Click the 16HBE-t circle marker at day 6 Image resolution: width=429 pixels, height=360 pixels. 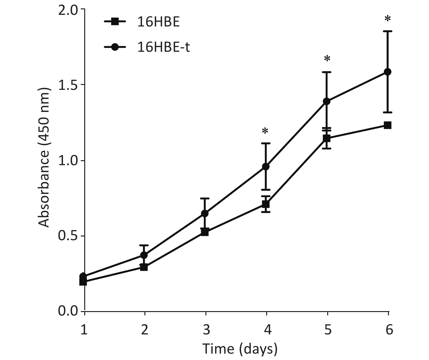pyautogui.click(x=388, y=72)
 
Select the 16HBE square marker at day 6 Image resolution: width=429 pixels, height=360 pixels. pyautogui.click(x=388, y=125)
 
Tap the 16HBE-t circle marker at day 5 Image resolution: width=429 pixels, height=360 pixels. pyautogui.click(x=327, y=101)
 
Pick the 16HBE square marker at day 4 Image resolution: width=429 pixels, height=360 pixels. pyautogui.click(x=266, y=204)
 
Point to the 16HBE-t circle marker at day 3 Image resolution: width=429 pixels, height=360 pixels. pyautogui.click(x=205, y=213)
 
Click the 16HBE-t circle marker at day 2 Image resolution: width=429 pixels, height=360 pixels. pyautogui.click(x=144, y=255)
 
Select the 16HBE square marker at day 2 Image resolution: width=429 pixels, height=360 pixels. pyautogui.click(x=144, y=267)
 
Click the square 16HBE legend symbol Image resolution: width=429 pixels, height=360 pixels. pyautogui.click(x=115, y=22)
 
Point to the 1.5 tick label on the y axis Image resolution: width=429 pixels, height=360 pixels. pyautogui.click(x=67, y=85)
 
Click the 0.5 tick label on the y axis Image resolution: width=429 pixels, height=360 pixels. pyautogui.click(x=67, y=236)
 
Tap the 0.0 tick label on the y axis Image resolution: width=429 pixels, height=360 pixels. pyautogui.click(x=67, y=311)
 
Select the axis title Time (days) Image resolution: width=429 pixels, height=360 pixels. pyautogui.click(x=240, y=349)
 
